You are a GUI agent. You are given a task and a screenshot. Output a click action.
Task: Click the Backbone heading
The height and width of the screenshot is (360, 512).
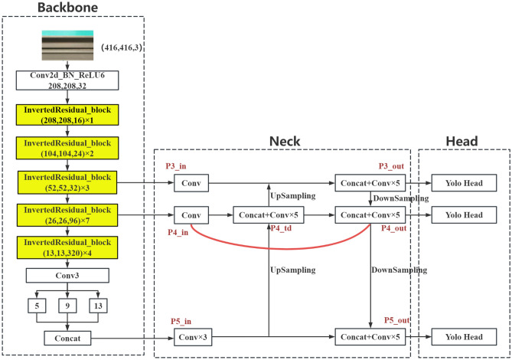pyautogui.click(x=67, y=8)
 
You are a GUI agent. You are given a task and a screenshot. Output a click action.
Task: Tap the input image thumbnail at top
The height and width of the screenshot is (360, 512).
pyautogui.click(x=67, y=45)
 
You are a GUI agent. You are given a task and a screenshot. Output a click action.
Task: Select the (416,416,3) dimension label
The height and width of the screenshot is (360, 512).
pyautogui.click(x=122, y=47)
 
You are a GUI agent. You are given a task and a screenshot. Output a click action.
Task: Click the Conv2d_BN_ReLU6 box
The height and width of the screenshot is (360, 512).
pyautogui.click(x=67, y=80)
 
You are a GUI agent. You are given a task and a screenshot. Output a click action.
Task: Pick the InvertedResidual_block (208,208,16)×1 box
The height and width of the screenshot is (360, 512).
pyautogui.click(x=67, y=115)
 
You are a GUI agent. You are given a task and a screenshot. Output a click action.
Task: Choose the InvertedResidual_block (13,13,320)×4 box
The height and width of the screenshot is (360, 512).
pyautogui.click(x=67, y=247)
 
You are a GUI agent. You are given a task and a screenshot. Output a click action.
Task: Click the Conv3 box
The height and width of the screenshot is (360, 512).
pyautogui.click(x=67, y=276)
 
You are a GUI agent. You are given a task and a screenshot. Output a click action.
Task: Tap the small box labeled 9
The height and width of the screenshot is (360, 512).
pyautogui.click(x=67, y=306)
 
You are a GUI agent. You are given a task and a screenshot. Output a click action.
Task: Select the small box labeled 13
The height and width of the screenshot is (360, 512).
pyautogui.click(x=98, y=306)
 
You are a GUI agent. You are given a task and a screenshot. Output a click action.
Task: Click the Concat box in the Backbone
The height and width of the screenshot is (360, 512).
pyautogui.click(x=67, y=338)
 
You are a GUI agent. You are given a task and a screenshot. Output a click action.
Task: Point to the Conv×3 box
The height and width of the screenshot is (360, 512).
pyautogui.click(x=193, y=337)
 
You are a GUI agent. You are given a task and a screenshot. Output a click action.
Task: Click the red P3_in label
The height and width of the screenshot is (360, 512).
pyautogui.click(x=176, y=166)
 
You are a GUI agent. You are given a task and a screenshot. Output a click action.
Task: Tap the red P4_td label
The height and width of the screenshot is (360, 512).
pyautogui.click(x=281, y=228)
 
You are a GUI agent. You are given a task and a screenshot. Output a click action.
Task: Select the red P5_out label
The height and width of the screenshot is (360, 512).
pyautogui.click(x=396, y=320)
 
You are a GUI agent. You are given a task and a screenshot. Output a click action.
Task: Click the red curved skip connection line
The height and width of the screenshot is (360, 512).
pyautogui.click(x=281, y=249)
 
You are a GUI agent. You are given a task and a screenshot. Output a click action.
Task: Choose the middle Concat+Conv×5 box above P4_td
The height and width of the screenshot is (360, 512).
pyautogui.click(x=269, y=215)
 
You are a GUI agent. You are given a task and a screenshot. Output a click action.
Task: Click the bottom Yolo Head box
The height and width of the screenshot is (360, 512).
pyautogui.click(x=464, y=337)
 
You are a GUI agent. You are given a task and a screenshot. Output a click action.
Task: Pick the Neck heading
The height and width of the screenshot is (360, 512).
pyautogui.click(x=285, y=141)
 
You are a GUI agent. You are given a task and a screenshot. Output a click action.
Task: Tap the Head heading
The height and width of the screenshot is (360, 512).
pyautogui.click(x=461, y=141)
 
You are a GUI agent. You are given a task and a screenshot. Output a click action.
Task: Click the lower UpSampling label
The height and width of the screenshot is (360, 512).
pyautogui.click(x=293, y=270)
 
